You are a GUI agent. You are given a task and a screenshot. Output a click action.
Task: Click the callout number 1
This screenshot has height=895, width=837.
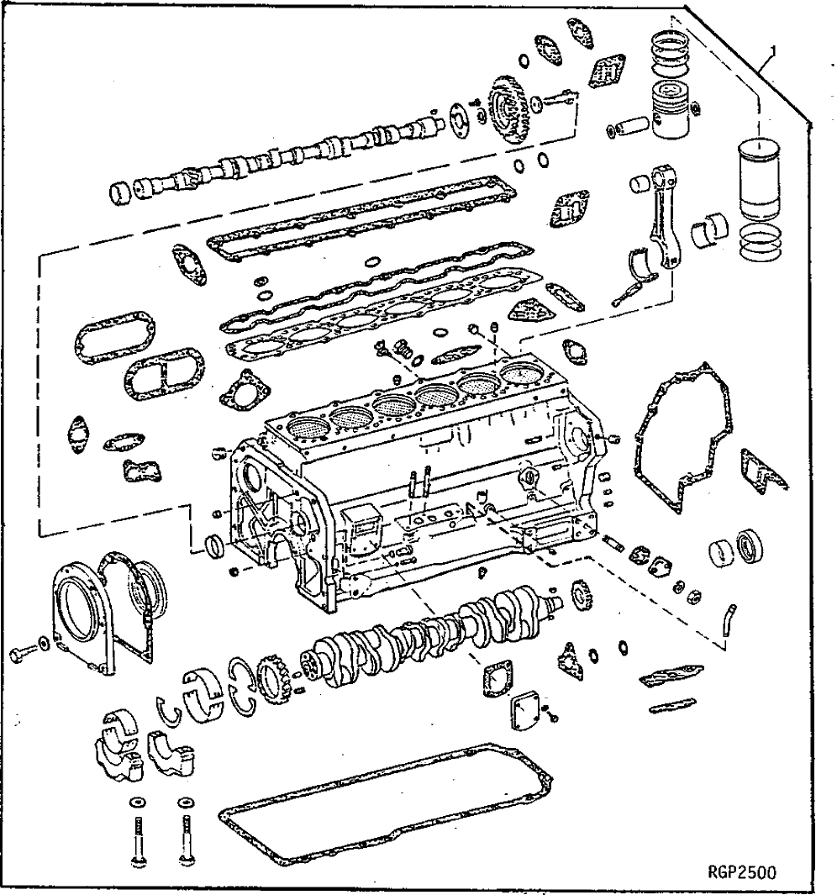click(771, 50)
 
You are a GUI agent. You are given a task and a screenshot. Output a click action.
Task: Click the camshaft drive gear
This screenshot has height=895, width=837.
click(509, 109)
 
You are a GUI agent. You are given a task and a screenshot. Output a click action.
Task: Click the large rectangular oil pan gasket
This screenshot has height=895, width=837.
click(387, 803)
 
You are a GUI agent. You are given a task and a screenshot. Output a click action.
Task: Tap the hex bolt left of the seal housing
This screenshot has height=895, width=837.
click(25, 652)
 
